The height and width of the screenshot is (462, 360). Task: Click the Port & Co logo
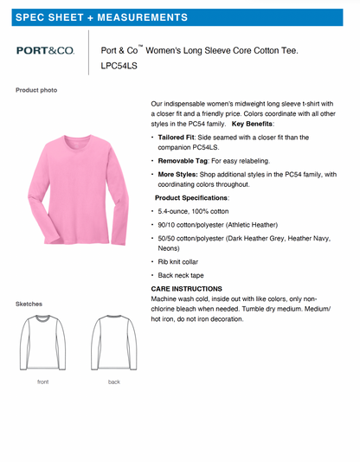[x=45, y=51]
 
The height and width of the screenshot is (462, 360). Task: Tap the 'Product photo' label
[x=36, y=90]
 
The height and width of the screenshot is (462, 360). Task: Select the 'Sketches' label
[x=29, y=304]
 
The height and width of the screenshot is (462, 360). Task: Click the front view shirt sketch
[x=42, y=343]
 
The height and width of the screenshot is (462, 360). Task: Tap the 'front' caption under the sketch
[x=42, y=382]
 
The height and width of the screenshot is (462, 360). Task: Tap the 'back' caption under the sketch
[x=114, y=382]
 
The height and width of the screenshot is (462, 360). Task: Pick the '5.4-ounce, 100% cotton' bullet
[x=193, y=211]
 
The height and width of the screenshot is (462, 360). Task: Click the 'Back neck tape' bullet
[x=182, y=274]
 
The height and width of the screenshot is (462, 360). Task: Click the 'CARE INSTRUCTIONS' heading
[x=186, y=288]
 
